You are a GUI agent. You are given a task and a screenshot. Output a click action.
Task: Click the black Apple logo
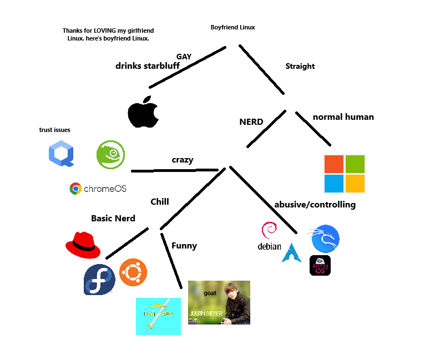click(x=143, y=112)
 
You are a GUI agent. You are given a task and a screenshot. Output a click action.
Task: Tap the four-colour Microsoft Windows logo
click(x=345, y=174)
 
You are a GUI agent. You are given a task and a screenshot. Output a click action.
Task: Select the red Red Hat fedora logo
click(x=83, y=245)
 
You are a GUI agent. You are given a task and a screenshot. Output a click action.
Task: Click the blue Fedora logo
click(x=99, y=280)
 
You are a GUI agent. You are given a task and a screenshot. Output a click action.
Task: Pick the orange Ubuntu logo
click(x=133, y=272)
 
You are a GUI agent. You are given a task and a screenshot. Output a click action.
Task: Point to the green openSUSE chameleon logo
click(x=111, y=154)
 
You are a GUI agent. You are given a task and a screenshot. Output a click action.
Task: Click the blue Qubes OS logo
click(x=61, y=154)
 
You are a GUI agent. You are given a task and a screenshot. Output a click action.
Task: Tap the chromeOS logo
click(x=98, y=189)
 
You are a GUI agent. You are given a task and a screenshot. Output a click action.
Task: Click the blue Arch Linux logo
click(x=291, y=252)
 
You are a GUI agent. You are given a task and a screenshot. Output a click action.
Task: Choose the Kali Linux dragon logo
click(x=325, y=239)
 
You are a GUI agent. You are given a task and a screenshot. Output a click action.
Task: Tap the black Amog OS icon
click(x=320, y=266)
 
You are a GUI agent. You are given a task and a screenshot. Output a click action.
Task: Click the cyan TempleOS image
click(x=158, y=316)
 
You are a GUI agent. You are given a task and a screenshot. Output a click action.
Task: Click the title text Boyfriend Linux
click(x=232, y=27)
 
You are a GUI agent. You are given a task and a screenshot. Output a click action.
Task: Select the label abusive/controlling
click(x=315, y=205)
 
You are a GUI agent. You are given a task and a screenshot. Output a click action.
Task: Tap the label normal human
click(x=343, y=117)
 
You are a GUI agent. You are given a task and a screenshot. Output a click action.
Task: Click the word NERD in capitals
click(x=251, y=122)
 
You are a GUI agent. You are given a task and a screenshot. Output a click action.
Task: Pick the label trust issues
click(x=54, y=130)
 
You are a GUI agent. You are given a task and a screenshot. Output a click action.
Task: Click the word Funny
click(x=184, y=246)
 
